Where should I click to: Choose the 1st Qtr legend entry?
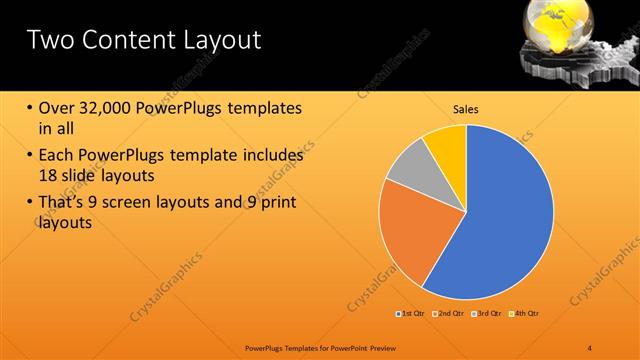(410, 314)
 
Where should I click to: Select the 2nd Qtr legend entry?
(448, 314)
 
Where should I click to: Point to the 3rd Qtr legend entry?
(486, 314)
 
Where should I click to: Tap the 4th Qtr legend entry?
(524, 314)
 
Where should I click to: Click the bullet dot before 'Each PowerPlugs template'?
(29, 156)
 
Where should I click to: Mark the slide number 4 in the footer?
(590, 347)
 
